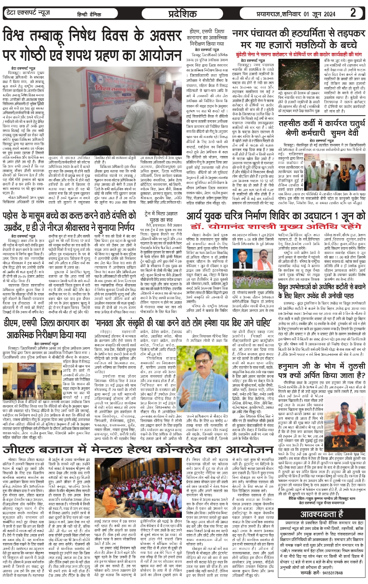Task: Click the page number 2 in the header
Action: click(353, 13)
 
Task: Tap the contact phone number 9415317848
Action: click(332, 573)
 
